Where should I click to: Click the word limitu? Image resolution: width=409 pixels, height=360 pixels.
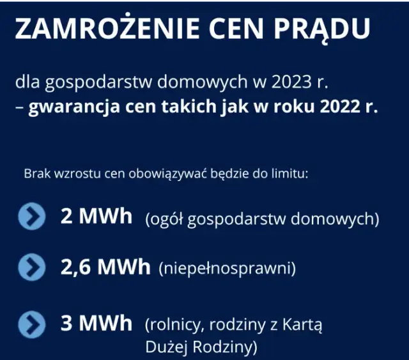pyautogui.click(x=292, y=173)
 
